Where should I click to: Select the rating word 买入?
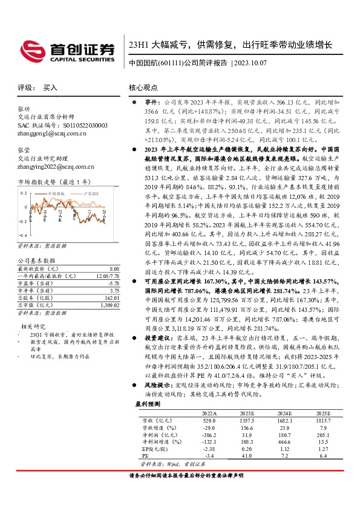(50, 88)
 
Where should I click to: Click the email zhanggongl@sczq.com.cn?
(48, 133)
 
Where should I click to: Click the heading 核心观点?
(144, 88)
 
